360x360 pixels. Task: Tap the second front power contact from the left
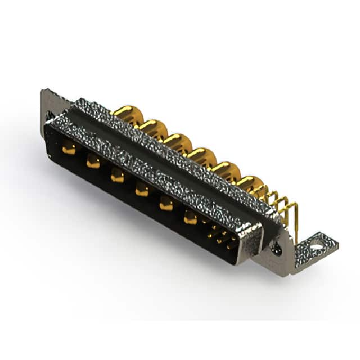(x=93, y=163)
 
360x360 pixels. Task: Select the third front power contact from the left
(x=117, y=177)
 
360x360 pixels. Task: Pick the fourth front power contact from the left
(x=142, y=191)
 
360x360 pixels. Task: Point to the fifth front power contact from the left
(x=166, y=204)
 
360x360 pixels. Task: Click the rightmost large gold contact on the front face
(x=191, y=218)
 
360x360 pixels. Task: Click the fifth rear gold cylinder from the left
(x=223, y=169)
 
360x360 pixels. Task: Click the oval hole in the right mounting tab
(x=317, y=245)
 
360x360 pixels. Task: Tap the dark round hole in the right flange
(x=276, y=246)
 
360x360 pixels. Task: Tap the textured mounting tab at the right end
(x=315, y=247)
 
